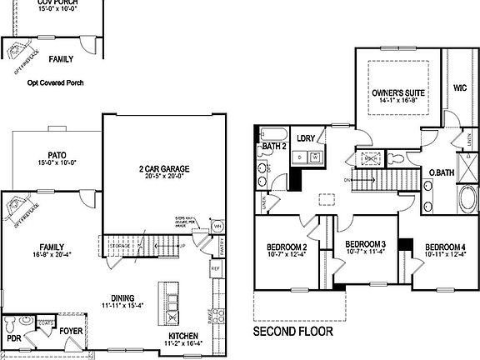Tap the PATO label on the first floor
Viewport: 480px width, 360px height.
tap(57, 155)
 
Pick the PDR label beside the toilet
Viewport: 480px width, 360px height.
tap(12, 339)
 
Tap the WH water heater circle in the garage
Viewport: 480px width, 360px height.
tap(218, 226)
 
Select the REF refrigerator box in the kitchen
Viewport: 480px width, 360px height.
tap(215, 269)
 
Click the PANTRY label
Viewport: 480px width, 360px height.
tap(222, 247)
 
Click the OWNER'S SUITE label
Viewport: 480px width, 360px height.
tap(397, 93)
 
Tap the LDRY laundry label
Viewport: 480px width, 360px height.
tap(305, 138)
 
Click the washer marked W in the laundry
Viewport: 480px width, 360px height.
tap(316, 156)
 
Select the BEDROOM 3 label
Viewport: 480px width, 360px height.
tap(365, 243)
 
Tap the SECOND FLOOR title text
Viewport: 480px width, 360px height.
tap(292, 331)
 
